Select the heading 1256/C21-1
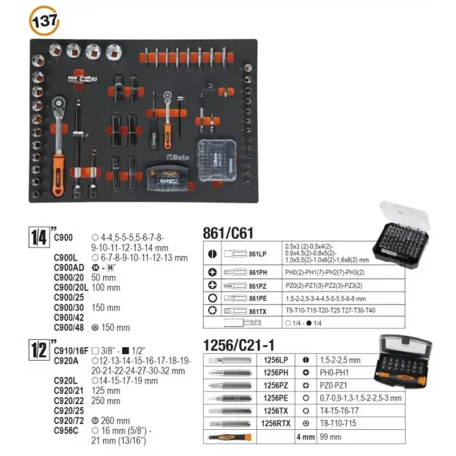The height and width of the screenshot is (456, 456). [240, 345]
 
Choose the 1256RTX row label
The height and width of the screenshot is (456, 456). [275, 423]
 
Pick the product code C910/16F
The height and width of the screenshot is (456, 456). [72, 351]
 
